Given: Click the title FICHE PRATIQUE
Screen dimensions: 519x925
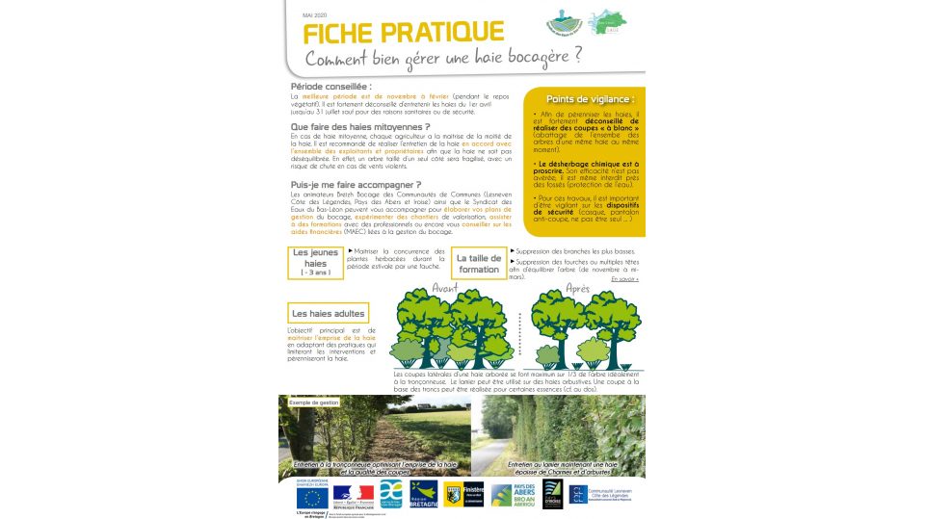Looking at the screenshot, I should point(404,33).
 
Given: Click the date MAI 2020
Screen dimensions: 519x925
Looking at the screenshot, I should point(315,15).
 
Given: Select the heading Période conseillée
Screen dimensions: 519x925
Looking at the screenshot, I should point(332,87).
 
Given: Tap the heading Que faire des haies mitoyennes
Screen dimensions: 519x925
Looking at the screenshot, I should point(359,126).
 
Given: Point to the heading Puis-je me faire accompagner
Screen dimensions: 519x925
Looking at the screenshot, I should point(356,184).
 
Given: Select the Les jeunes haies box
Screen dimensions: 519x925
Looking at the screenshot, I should point(315,261).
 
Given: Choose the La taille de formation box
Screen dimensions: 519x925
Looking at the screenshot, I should point(479,264).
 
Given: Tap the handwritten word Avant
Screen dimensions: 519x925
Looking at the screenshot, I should point(445,289).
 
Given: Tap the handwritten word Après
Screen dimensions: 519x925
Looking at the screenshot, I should point(578,289).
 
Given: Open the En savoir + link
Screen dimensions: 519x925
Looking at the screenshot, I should point(631,279).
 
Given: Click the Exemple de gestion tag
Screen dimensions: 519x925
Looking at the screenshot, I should point(314,402).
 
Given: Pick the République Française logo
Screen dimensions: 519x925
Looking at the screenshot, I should point(352,497).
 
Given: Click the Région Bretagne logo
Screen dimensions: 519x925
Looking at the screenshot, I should point(423,495).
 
